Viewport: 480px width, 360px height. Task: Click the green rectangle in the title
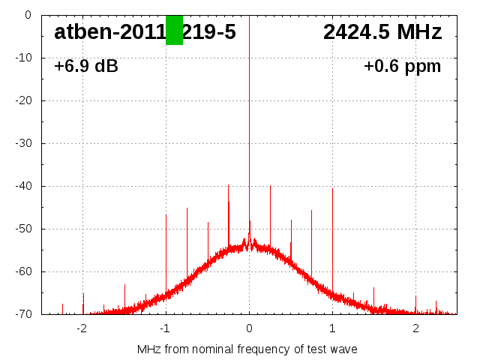click(174, 30)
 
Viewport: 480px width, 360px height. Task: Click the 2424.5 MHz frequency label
click(382, 32)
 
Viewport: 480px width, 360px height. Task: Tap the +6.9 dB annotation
click(86, 67)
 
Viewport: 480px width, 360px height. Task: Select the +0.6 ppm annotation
click(402, 67)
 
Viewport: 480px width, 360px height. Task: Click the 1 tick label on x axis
click(332, 328)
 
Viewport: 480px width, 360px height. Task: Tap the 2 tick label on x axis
click(415, 328)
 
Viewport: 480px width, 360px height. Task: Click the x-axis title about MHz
click(247, 349)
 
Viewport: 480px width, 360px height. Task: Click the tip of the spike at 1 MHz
click(332, 188)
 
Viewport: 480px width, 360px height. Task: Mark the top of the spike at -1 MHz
click(166, 214)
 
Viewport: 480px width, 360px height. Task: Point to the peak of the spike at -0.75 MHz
click(187, 208)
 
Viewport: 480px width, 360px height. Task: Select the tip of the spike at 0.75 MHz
click(311, 210)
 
